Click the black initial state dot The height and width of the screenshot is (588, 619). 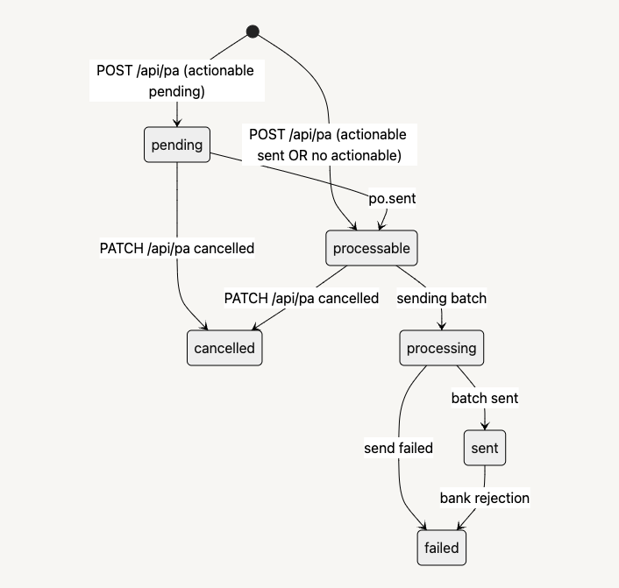(x=253, y=32)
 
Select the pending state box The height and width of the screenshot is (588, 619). (x=178, y=145)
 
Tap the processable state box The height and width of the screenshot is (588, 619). (x=371, y=248)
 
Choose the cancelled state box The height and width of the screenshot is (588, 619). (x=224, y=348)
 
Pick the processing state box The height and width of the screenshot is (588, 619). (x=441, y=348)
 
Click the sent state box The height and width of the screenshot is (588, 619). (x=484, y=448)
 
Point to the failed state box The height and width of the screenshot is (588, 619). (x=441, y=548)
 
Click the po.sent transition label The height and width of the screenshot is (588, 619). (x=392, y=198)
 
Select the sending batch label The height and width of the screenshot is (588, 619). (x=441, y=298)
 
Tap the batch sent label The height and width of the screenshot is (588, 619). (x=485, y=398)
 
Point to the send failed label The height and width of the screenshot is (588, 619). (x=399, y=448)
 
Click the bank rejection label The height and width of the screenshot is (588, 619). (x=485, y=498)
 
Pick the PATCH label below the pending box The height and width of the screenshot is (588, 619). (x=177, y=248)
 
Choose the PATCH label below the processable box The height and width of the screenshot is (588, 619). (x=302, y=298)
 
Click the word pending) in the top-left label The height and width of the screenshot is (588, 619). (x=176, y=90)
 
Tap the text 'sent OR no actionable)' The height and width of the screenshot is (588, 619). (x=329, y=155)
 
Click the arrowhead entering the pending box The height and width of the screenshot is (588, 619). (x=177, y=123)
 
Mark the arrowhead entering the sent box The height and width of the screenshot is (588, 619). (x=485, y=427)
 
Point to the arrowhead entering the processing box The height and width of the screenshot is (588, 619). (x=441, y=327)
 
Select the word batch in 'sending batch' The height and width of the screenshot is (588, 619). (x=468, y=298)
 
